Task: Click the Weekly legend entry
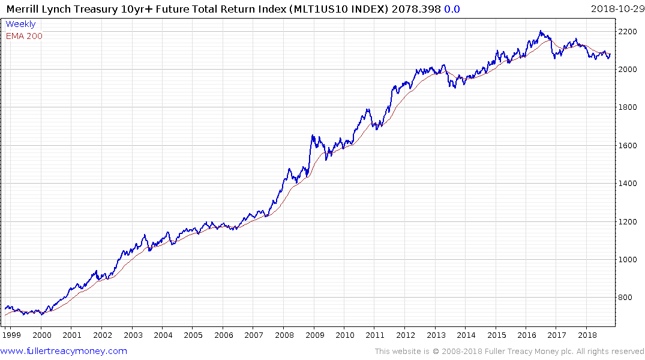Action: (20, 25)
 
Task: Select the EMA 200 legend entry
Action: (24, 36)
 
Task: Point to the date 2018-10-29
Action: (616, 9)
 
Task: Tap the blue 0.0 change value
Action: (452, 9)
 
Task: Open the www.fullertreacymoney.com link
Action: (64, 351)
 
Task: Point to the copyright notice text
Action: (509, 352)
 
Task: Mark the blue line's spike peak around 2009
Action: (313, 136)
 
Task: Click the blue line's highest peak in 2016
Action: (541, 31)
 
